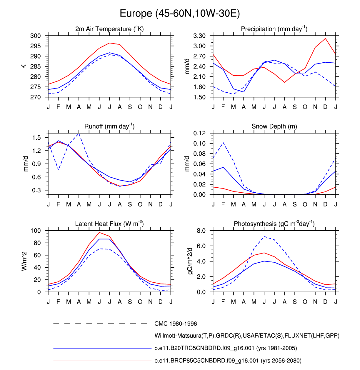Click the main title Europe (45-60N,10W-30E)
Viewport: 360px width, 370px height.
180,14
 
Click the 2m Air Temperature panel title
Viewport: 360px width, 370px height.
109,29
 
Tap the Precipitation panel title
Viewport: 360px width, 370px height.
274,29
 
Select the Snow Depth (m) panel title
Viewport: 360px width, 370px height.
274,126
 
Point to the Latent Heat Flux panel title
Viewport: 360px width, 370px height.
109,224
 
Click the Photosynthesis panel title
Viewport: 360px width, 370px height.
274,224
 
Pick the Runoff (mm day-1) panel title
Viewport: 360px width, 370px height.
109,126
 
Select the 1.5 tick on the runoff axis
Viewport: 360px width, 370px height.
37,138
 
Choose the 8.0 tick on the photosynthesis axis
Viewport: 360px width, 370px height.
201,231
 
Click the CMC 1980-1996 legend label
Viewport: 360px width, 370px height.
176,324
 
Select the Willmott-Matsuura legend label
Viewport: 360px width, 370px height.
247,336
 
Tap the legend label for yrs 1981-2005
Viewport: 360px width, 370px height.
226,348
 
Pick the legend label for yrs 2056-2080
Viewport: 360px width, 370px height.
228,361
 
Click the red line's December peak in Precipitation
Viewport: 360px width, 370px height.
325,39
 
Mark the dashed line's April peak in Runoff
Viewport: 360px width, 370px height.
79,134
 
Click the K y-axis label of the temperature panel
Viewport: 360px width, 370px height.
24,66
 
